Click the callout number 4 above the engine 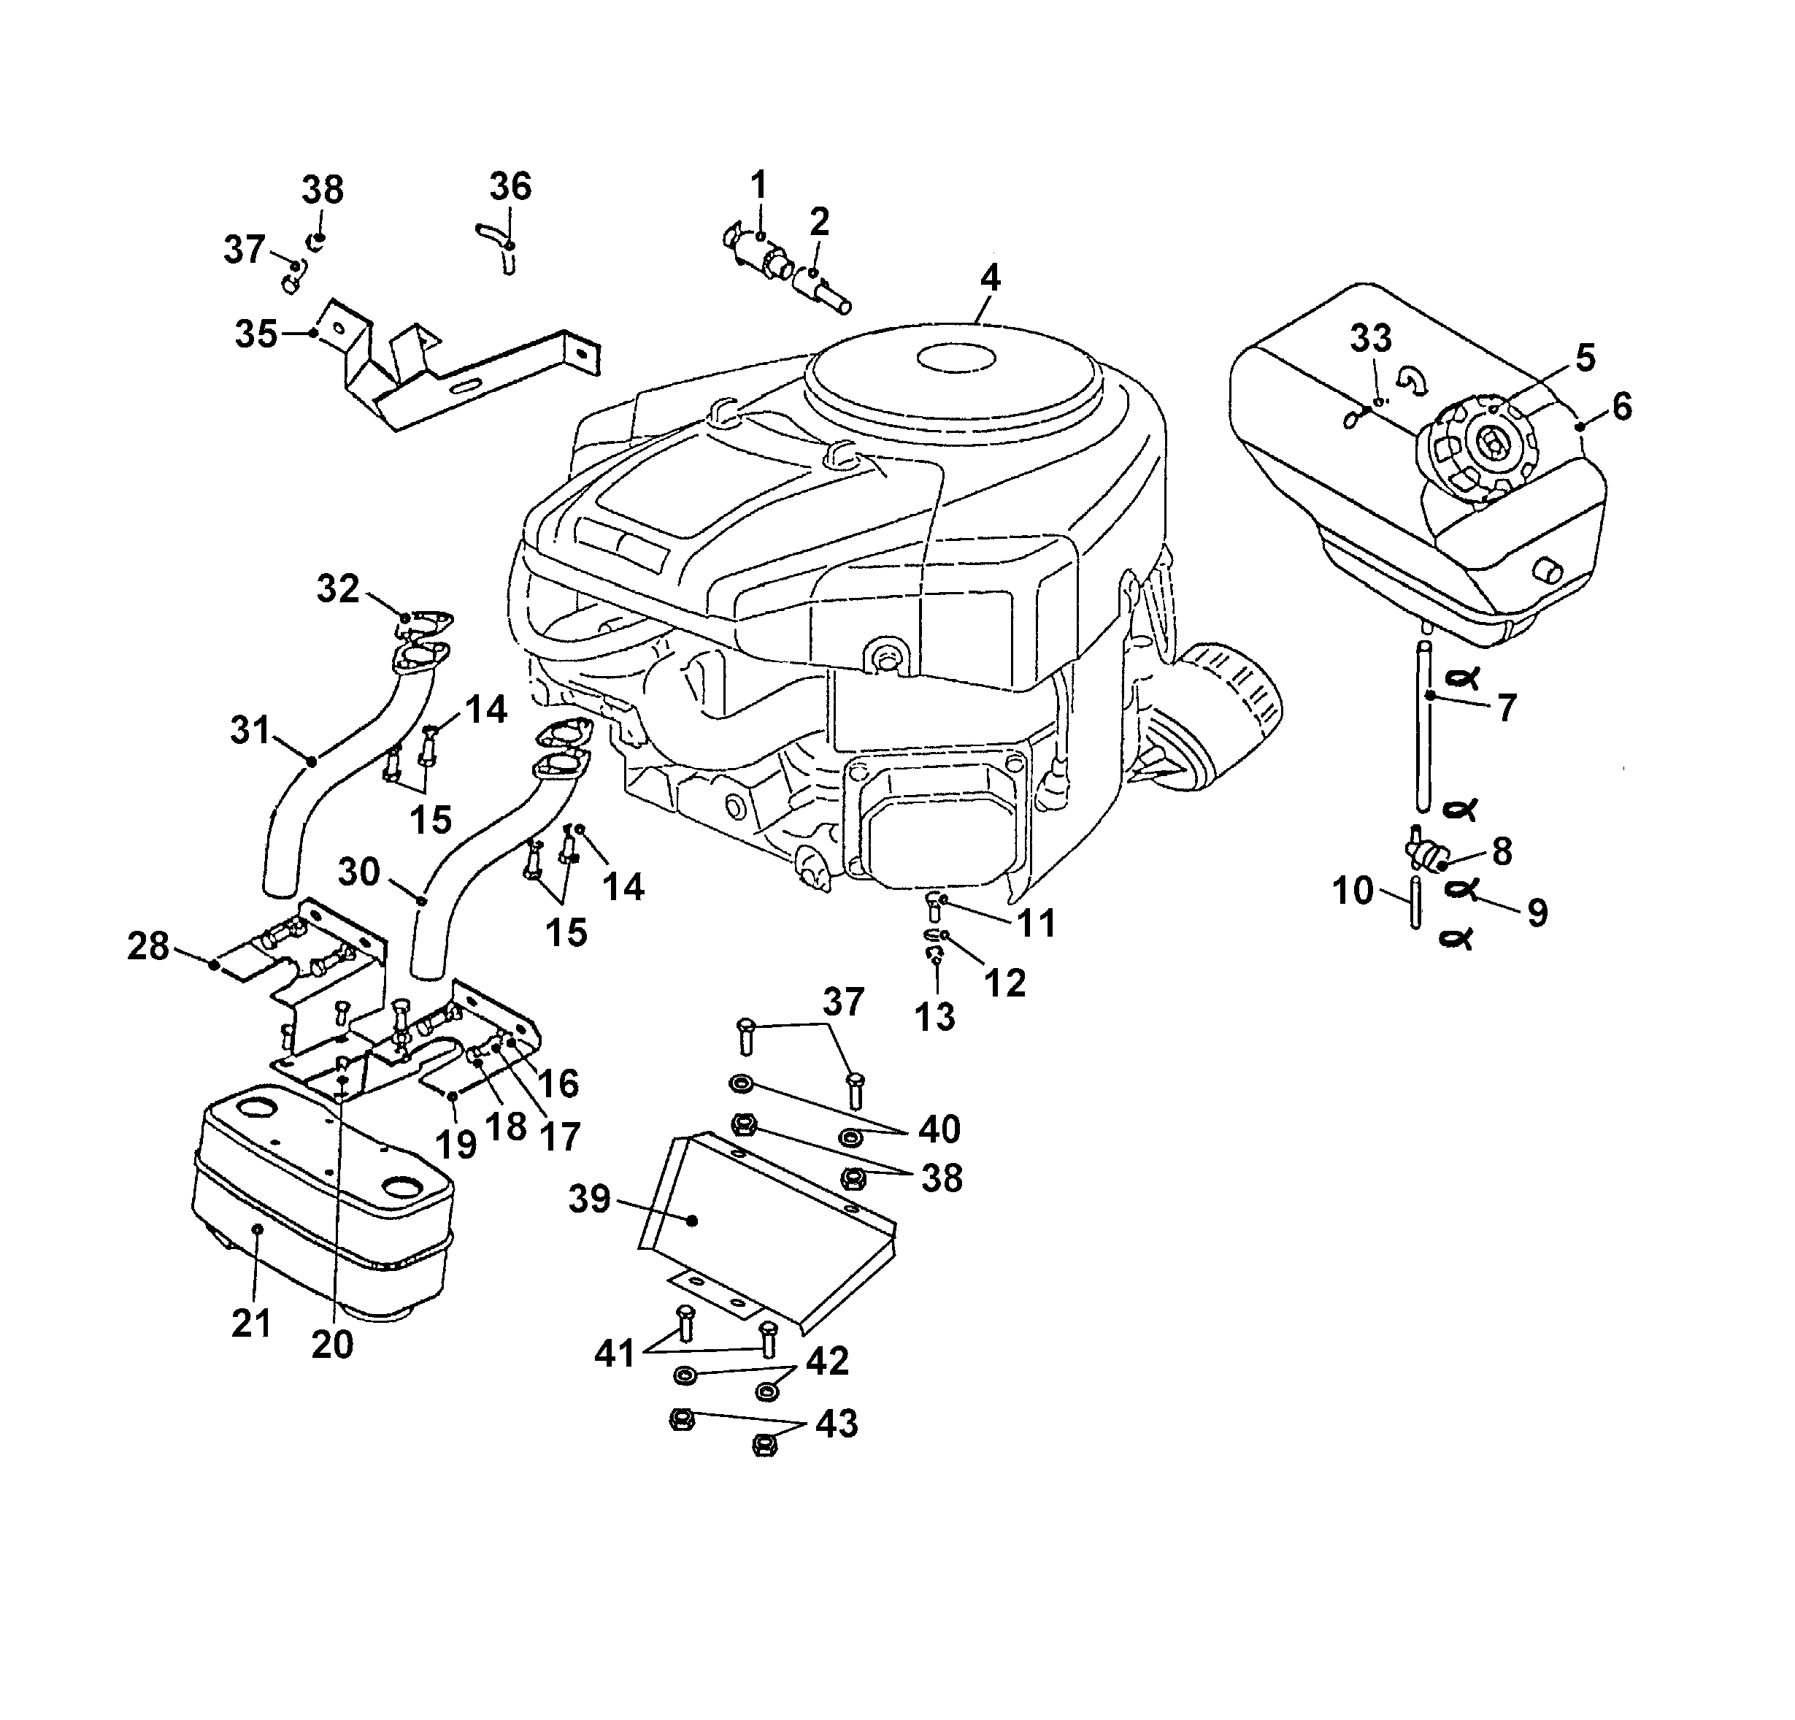[x=989, y=277]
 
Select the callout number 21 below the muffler [x=251, y=1323]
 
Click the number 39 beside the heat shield [x=589, y=1199]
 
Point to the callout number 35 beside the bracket [x=255, y=334]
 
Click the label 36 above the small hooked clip [x=510, y=186]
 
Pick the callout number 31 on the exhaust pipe [x=251, y=730]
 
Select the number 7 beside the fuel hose [x=1507, y=708]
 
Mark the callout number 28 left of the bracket [x=148, y=946]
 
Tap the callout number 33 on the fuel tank [x=1371, y=338]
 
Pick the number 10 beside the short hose [x=1353, y=890]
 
